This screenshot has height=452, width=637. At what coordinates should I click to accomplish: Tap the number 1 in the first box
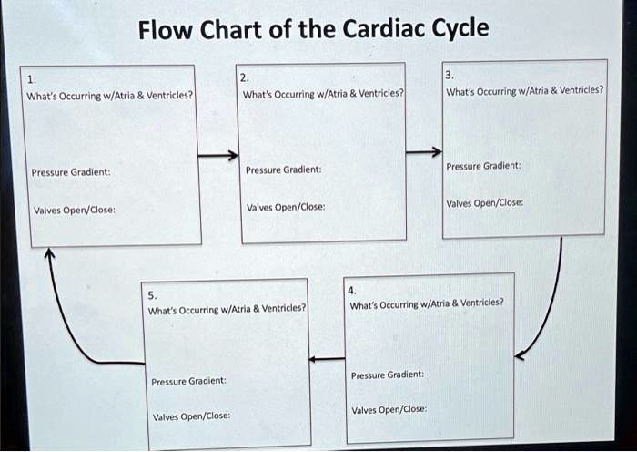(x=33, y=78)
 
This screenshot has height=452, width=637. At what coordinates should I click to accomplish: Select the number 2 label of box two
(x=243, y=77)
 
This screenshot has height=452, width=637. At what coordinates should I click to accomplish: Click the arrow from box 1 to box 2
(x=218, y=156)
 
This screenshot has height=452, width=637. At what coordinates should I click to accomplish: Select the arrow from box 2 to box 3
(x=423, y=151)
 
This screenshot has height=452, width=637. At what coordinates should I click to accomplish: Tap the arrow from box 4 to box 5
(x=327, y=358)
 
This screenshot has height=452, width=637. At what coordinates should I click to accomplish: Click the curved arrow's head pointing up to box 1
(x=49, y=255)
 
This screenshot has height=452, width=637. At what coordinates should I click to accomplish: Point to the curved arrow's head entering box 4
(x=521, y=354)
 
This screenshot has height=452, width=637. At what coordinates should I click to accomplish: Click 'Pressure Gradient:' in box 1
(x=71, y=172)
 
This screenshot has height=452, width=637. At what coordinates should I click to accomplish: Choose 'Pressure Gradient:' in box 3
(x=484, y=166)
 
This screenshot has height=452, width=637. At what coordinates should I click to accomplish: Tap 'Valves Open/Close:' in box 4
(x=389, y=410)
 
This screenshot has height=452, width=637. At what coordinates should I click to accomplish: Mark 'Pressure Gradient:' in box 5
(x=188, y=381)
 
